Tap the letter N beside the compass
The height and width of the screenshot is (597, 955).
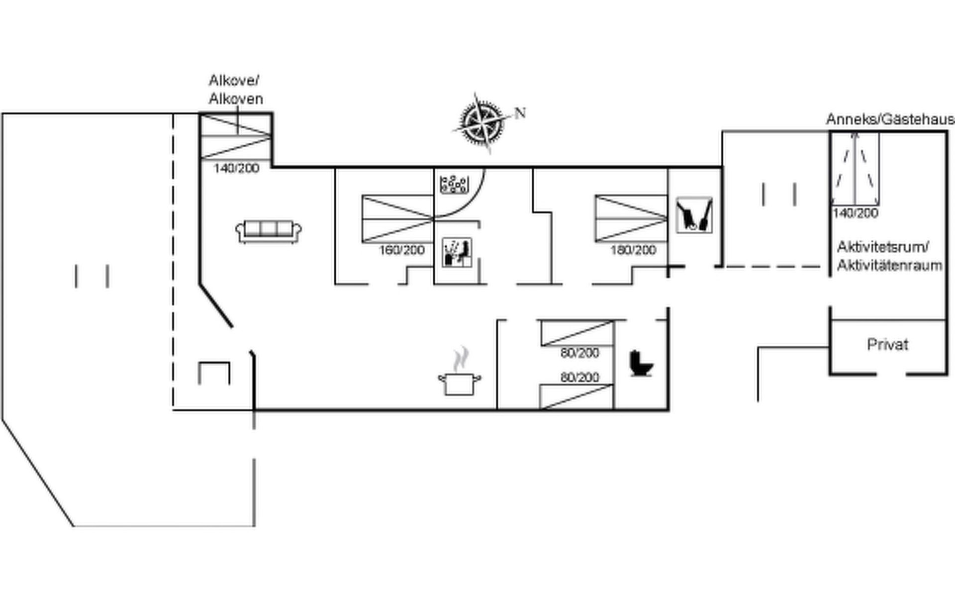click(520, 113)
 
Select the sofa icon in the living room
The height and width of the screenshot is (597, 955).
click(269, 231)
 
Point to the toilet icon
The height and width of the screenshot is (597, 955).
click(641, 364)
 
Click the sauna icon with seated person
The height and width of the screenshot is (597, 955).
click(457, 253)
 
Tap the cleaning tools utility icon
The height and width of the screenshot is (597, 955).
click(694, 215)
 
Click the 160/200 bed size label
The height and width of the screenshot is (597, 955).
click(402, 250)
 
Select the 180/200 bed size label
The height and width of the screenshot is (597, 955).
click(633, 250)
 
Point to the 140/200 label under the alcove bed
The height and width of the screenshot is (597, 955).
click(237, 168)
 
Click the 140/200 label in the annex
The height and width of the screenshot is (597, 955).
click(856, 213)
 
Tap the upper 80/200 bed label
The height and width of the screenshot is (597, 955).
click(580, 353)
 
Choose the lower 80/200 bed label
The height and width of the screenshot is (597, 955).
click(580, 377)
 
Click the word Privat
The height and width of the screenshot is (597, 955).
click(887, 344)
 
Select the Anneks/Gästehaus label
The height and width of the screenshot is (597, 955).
click(890, 119)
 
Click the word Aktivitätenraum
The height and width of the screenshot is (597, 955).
click(889, 265)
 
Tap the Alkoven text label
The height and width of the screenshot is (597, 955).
click(236, 99)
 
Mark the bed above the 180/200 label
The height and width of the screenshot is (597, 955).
click(631, 218)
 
